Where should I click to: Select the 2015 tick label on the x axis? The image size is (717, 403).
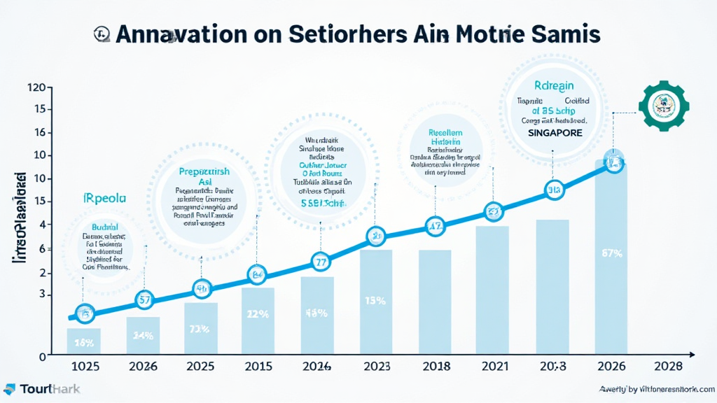pos(258,366)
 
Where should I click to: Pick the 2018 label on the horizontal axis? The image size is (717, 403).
pos(436,366)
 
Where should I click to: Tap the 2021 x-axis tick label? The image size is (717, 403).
pos(493,366)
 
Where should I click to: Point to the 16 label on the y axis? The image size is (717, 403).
pos(39,132)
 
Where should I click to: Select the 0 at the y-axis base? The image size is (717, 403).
pos(41,355)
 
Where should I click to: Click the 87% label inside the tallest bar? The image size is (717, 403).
pos(611,253)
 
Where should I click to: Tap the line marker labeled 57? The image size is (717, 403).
pos(145,300)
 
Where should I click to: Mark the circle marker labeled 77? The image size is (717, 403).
pos(321,263)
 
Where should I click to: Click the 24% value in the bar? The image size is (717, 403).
pos(143,336)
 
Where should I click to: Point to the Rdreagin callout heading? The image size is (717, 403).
pos(554,85)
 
